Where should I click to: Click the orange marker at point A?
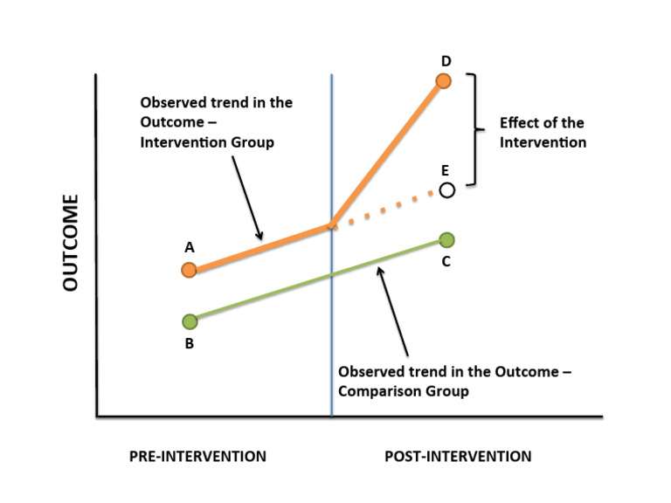pos(189,269)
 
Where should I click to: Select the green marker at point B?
pos(189,321)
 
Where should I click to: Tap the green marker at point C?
pos(446,240)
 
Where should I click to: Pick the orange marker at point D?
pos(443,81)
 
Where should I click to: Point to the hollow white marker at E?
pos(446,189)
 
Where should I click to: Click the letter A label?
pos(189,248)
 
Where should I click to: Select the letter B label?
pos(189,343)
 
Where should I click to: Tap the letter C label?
pos(446,262)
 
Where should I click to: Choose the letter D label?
pos(446,60)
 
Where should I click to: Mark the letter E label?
pos(446,171)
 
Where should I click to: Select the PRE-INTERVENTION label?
pos(197,456)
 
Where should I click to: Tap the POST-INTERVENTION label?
pos(458,456)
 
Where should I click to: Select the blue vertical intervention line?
pos(332,332)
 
